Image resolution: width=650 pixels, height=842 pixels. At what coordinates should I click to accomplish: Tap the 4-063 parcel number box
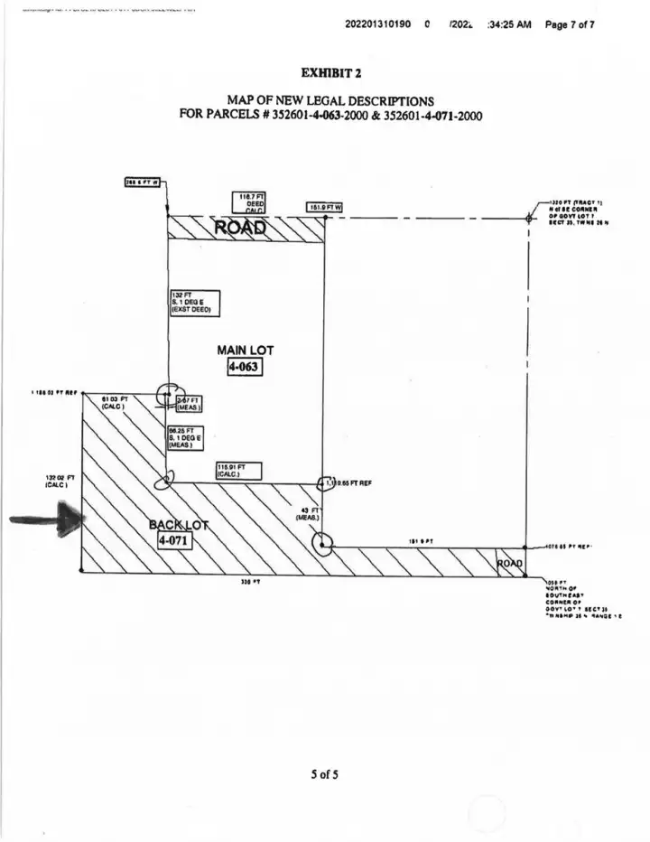tap(237, 367)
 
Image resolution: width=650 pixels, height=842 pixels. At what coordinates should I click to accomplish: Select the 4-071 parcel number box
tap(174, 540)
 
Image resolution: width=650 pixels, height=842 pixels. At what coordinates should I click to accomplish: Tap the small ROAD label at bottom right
tap(510, 564)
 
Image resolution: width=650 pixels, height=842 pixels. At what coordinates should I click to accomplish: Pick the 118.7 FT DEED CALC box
tap(250, 202)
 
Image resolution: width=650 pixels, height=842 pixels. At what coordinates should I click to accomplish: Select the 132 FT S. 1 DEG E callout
tap(194, 303)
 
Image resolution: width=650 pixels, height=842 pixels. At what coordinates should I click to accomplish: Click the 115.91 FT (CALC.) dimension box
tap(237, 471)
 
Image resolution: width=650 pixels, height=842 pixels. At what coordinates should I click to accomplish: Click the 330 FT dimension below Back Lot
tap(245, 583)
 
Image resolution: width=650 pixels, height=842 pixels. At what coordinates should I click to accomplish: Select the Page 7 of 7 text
tap(569, 24)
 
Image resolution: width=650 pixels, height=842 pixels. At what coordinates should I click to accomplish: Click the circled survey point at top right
tap(528, 218)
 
